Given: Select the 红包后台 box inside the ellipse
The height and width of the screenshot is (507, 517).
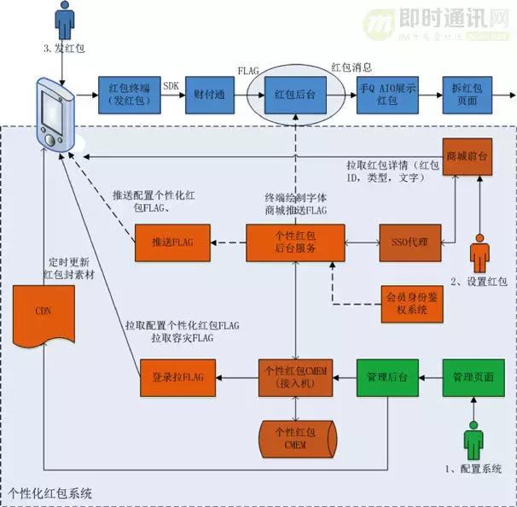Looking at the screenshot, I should (x=294, y=94).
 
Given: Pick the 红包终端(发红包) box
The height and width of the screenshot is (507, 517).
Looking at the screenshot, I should (x=125, y=94).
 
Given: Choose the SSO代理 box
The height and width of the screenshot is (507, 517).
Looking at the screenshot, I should (x=410, y=242).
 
